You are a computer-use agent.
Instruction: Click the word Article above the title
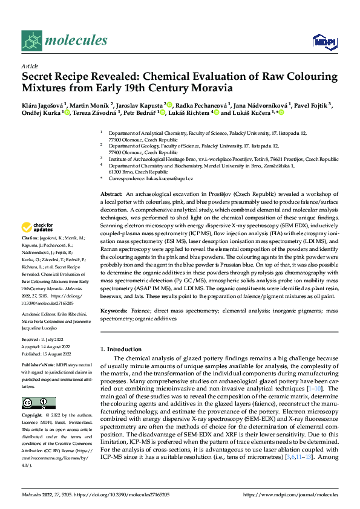click(x=30, y=66)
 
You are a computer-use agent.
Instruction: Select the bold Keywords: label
click(x=114, y=310)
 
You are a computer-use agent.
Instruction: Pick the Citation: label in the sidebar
click(x=32, y=256)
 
